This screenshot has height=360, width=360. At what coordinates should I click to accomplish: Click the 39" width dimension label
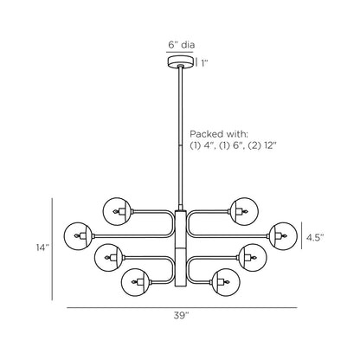181,316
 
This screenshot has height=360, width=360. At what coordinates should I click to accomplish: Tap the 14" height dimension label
42,247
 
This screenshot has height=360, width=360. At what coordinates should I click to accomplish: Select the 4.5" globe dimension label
315,237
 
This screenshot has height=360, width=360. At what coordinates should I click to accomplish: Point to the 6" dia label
182,45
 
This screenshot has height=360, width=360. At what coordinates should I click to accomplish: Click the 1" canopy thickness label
204,63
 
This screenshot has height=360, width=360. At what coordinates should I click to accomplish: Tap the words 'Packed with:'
219,134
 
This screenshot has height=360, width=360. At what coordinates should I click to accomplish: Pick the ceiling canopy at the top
180,62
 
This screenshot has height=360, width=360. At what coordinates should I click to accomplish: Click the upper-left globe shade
117,211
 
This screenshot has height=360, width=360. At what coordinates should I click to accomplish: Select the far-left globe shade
78,236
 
